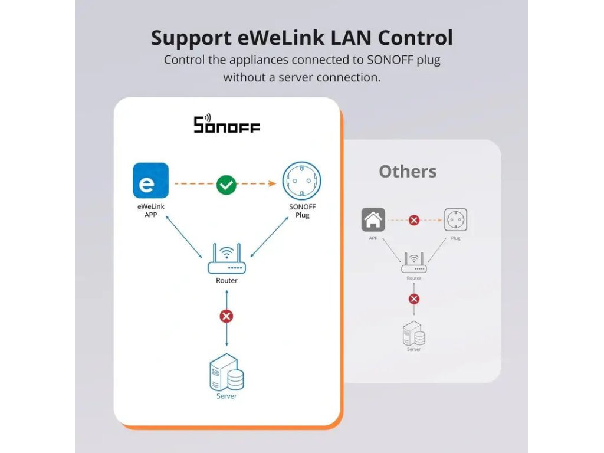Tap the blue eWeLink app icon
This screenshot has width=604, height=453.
[150, 180]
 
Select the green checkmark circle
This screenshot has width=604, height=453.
[226, 185]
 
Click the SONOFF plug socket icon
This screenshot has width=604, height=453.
[302, 181]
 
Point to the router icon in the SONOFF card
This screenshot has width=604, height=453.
[226, 260]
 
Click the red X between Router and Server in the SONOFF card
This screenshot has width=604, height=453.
[226, 316]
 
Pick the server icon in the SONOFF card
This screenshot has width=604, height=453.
[226, 372]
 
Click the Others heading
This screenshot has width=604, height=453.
[408, 172]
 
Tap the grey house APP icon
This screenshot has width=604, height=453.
[373, 220]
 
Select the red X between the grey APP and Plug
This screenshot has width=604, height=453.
[414, 220]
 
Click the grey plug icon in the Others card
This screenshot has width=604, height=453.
[455, 220]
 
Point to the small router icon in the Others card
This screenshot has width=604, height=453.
[414, 262]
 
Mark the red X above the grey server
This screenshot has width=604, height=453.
[414, 298]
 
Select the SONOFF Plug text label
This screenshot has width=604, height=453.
[302, 211]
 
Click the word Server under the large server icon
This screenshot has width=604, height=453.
[226, 396]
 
